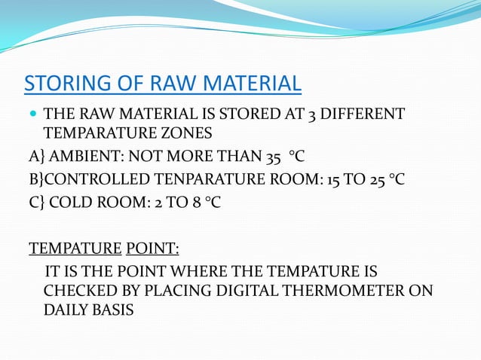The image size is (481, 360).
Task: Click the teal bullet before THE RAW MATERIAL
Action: tap(31, 116)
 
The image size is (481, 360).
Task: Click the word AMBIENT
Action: tap(82, 159)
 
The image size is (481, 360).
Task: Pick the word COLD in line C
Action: tap(72, 203)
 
